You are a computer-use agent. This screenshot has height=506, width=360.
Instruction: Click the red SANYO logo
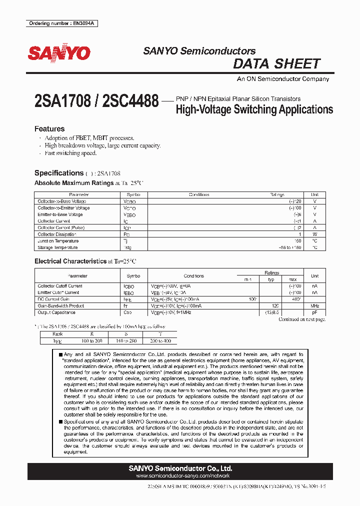pos(59,53)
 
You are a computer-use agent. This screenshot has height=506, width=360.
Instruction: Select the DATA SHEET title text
pos(276,63)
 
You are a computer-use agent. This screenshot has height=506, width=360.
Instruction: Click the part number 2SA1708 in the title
pos(62,101)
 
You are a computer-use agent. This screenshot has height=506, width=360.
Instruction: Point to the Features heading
pos(49,128)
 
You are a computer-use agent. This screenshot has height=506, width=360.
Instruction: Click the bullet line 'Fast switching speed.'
pos(70,153)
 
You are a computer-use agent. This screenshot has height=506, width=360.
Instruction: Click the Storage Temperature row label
pos(57,247)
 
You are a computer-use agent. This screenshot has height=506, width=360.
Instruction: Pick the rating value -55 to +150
pos(290,247)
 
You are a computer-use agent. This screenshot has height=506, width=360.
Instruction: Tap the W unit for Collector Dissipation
pos(314,234)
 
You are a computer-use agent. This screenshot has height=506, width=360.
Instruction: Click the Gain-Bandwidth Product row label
pos(60,305)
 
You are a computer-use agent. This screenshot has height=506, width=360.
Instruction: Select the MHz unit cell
pos(314,305)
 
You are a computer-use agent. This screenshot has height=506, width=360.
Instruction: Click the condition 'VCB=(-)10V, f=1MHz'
pos(171,312)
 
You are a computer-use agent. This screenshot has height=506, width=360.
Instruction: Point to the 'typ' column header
pos(271,279)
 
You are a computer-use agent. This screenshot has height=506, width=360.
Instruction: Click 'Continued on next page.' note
pos(301,319)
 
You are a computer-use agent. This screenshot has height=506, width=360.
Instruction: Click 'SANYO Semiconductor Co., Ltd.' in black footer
pos(180,468)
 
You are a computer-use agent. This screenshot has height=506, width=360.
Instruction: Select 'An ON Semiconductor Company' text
pos(282,79)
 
